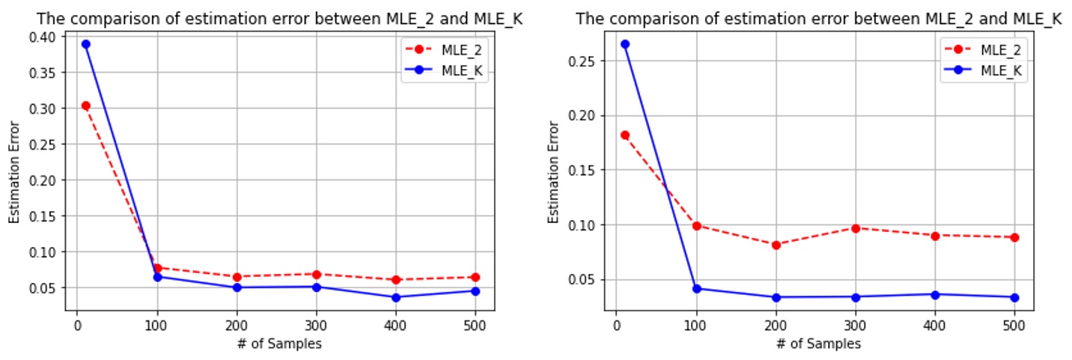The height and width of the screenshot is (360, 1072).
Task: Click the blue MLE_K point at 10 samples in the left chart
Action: coord(85,44)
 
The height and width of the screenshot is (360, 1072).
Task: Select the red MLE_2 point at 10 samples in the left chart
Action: coord(85,106)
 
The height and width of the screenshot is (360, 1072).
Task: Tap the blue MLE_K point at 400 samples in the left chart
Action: coord(395,297)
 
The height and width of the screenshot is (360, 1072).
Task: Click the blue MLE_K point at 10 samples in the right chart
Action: coord(625,44)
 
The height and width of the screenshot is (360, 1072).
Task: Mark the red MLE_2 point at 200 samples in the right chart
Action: coord(776,245)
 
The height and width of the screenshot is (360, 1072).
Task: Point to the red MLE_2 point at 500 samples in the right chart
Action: coord(1014,237)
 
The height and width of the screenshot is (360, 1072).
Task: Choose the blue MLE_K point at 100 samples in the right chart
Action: coord(697,288)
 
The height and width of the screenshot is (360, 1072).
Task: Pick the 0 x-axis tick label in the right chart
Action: coord(616,326)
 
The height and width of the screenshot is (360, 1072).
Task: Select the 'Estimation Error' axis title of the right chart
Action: coord(553,171)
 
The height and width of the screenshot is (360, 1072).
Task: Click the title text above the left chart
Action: coord(279,19)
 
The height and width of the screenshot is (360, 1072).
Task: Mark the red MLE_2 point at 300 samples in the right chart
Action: coord(855,228)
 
